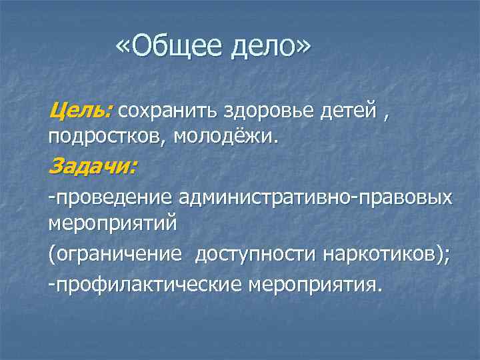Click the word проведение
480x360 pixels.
point(114,197)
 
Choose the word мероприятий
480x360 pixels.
point(113,223)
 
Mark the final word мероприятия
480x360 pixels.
point(313,284)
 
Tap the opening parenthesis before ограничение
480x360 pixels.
point(51,255)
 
